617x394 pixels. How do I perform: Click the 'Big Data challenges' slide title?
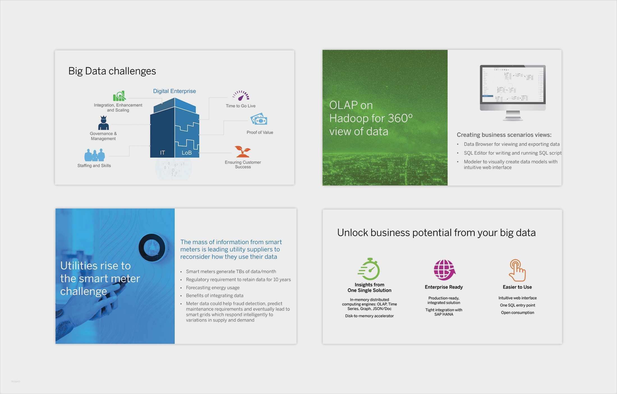pos(112,71)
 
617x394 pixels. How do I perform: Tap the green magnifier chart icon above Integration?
pos(119,96)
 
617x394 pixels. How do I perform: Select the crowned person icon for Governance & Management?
pos(103,123)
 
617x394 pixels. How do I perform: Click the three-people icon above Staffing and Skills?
pos(95,155)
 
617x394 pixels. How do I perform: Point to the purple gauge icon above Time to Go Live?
pos(241,96)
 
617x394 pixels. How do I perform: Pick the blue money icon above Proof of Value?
pos(259,119)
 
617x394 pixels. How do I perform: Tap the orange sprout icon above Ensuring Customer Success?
pos(243,152)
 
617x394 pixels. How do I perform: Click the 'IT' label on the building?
pos(162,153)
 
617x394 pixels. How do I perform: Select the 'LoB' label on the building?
pos(187,153)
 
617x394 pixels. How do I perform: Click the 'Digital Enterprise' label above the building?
pos(174,91)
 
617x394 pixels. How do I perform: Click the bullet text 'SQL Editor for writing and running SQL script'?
pos(512,153)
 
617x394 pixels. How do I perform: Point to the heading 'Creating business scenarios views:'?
pos(504,135)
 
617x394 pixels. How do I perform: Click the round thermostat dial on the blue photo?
pos(152,247)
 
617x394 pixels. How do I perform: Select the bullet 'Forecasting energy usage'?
pos(213,288)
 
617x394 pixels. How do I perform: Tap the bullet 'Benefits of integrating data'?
pos(215,295)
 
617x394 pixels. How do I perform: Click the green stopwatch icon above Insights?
pos(369,269)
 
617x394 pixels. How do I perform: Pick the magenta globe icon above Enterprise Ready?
pos(444,270)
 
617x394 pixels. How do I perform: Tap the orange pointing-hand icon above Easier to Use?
pos(517,270)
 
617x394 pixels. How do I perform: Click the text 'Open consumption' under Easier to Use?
pos(517,312)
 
